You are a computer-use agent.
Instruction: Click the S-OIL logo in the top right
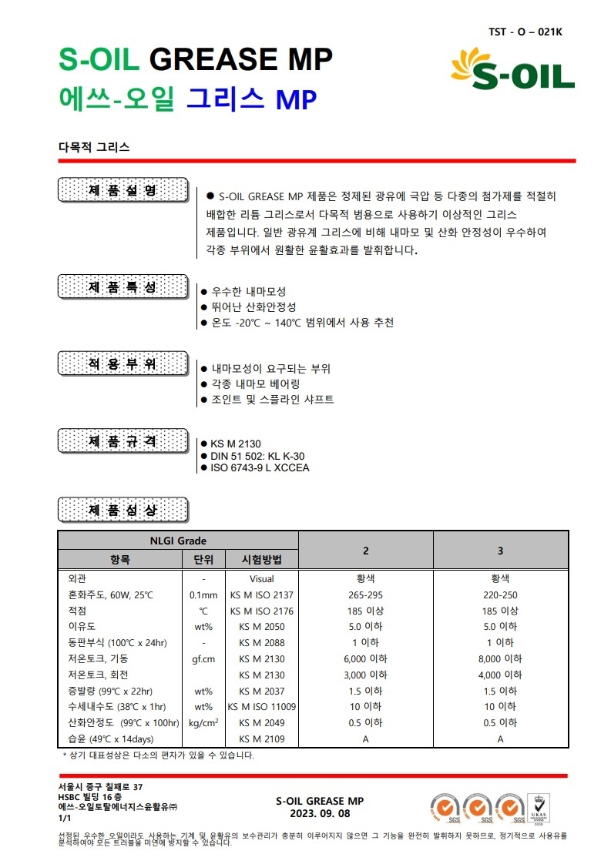(x=512, y=70)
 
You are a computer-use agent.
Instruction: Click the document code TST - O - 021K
(x=525, y=32)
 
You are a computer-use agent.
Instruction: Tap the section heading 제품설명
(x=123, y=190)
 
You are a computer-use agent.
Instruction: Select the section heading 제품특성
(x=123, y=287)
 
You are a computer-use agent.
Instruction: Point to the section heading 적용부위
(x=123, y=364)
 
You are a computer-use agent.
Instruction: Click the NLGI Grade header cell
(x=178, y=541)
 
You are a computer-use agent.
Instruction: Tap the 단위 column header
(x=203, y=560)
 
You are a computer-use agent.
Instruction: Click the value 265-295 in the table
(x=365, y=594)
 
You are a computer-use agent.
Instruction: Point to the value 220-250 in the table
(x=500, y=594)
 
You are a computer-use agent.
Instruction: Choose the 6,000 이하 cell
(x=365, y=658)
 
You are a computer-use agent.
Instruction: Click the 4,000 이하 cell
(x=500, y=675)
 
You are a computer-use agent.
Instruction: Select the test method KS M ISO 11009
(x=262, y=706)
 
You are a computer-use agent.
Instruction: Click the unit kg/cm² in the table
(x=203, y=722)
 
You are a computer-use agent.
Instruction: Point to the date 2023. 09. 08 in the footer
(x=320, y=813)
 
